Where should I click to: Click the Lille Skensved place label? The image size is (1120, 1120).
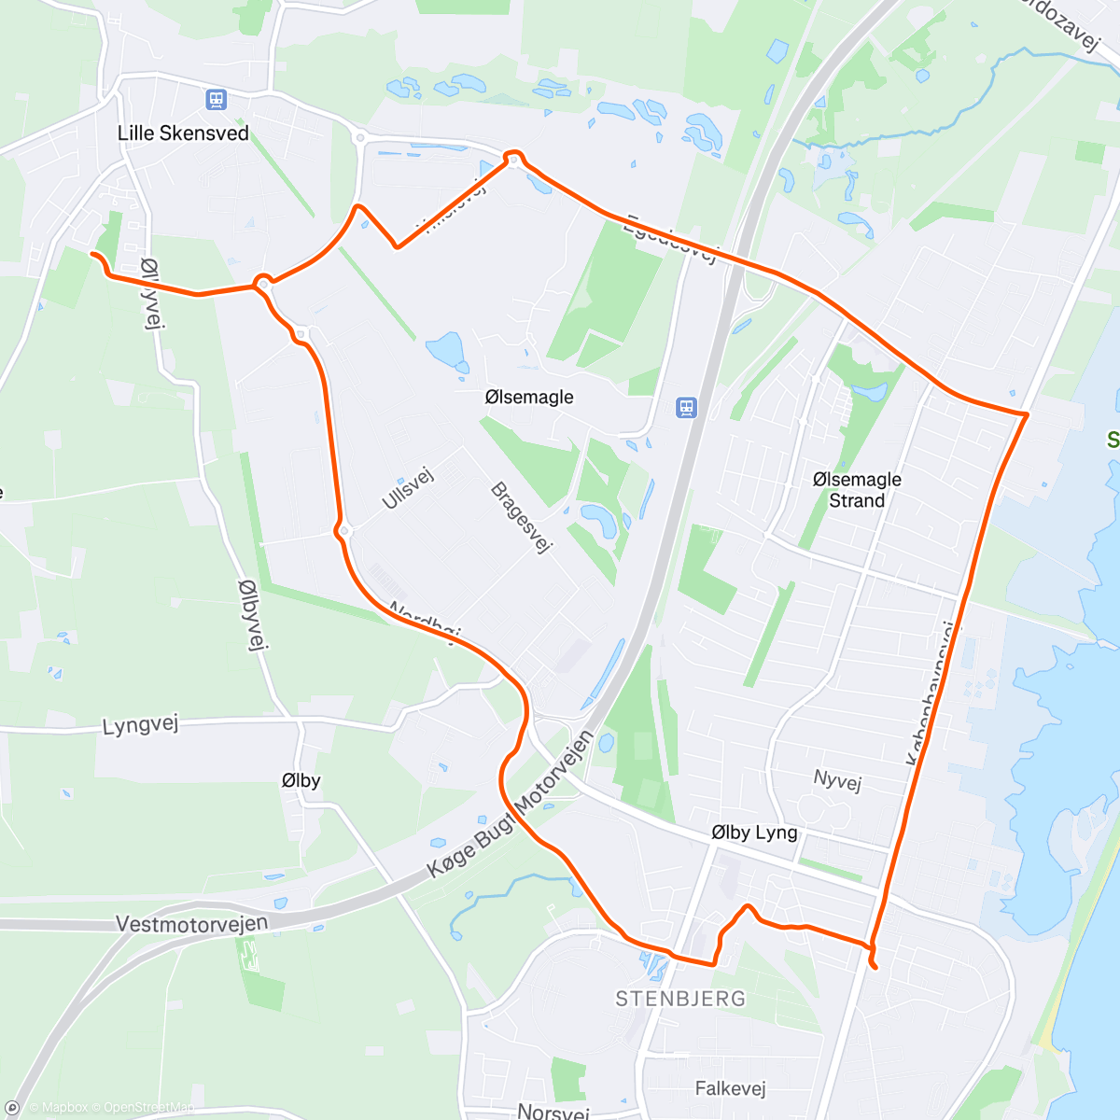[183, 133]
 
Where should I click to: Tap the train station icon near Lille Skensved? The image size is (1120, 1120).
[217, 99]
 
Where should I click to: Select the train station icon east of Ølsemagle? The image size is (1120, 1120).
[686, 408]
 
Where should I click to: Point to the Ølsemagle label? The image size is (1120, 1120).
[529, 398]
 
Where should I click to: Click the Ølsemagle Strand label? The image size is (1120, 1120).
[857, 490]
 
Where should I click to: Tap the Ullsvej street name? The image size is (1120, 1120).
[409, 488]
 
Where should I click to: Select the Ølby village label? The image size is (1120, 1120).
[301, 780]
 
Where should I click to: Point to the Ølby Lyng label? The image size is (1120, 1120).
[754, 833]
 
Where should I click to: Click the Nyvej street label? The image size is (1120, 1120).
[837, 779]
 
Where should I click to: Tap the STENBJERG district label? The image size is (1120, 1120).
[680, 999]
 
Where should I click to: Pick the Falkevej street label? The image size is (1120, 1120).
[730, 1088]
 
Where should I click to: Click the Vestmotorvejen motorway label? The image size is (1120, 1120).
[191, 923]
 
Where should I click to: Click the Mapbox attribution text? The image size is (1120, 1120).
[58, 1108]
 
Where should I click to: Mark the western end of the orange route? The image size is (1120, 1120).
[92, 254]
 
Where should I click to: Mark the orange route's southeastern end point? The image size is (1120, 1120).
[875, 967]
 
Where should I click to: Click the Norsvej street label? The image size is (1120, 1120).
[553, 1112]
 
